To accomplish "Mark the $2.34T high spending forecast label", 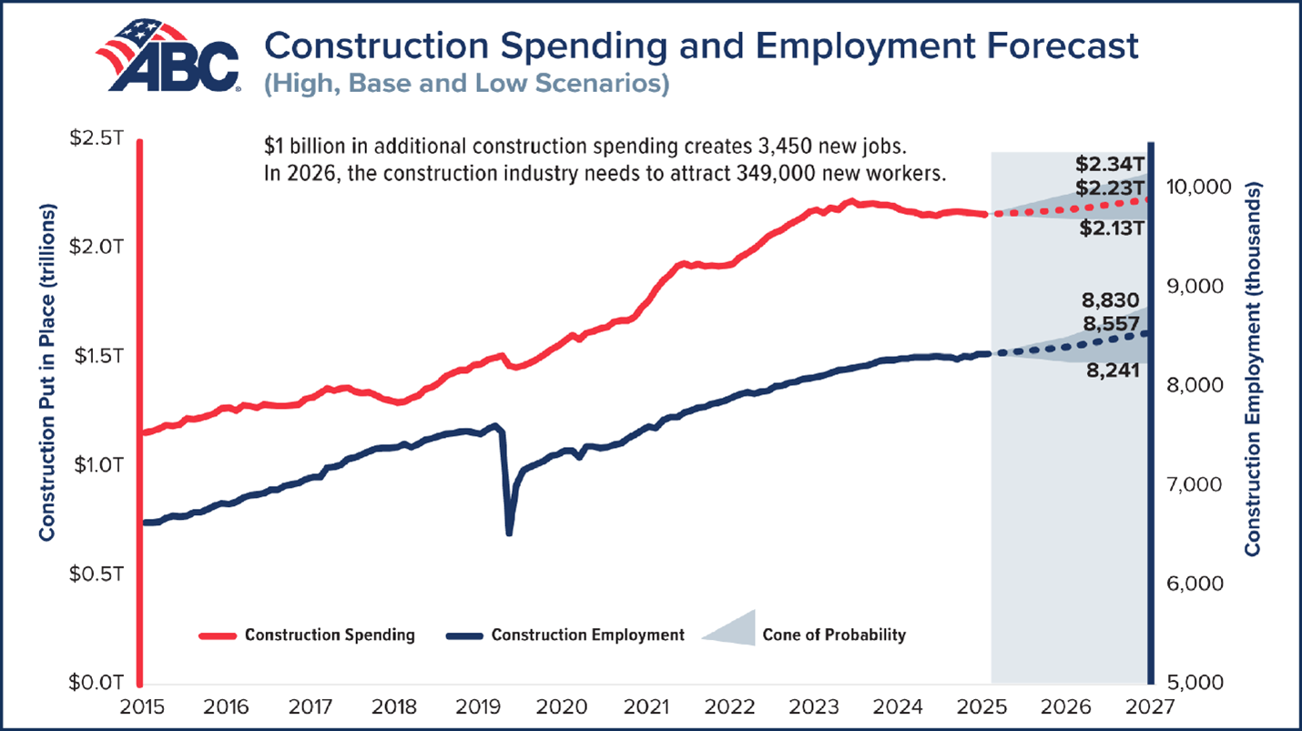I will pos(1108,165).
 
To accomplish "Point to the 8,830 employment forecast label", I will pos(1111,300).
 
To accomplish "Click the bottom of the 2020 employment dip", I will pos(509,533).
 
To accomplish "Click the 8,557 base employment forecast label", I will pos(1111,323).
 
